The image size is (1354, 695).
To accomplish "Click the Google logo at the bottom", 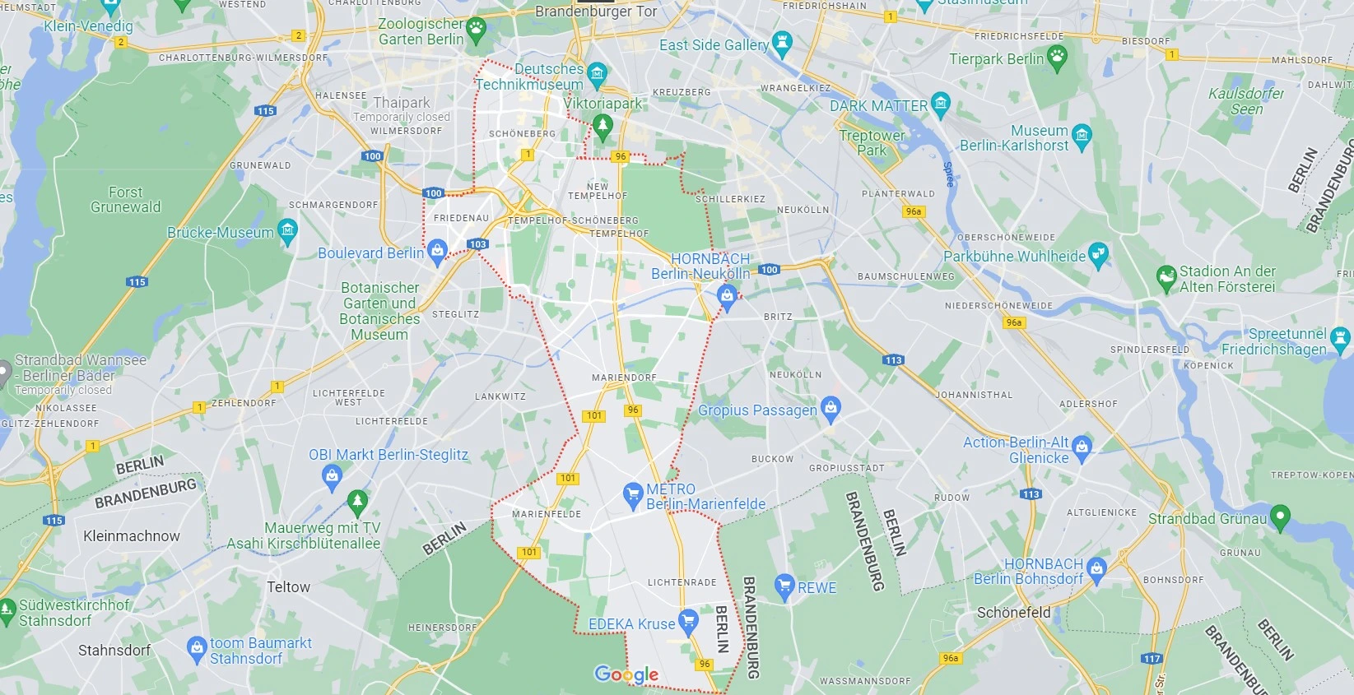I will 626,675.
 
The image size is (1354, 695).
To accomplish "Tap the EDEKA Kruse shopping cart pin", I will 688,619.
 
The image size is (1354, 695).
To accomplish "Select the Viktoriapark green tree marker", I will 603,125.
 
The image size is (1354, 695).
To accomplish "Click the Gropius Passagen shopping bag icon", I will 831,406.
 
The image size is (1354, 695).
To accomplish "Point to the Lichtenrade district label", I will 682,582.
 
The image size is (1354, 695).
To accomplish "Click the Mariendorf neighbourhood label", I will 624,378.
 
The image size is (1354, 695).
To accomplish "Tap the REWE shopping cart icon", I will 784,586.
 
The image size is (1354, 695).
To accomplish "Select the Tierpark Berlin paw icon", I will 1057,56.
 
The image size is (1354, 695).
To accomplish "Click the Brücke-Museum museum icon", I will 287,229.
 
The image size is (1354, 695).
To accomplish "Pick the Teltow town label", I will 288,587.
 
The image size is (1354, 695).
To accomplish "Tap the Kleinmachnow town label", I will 132,536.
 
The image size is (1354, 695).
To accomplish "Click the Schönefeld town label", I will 1013,613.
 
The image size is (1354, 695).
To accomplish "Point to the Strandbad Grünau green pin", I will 1279,516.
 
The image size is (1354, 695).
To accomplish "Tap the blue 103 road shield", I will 477,244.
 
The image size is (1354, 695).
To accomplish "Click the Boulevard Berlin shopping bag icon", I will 438,249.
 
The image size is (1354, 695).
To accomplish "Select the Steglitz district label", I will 455,314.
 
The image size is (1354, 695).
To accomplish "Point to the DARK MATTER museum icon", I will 941,104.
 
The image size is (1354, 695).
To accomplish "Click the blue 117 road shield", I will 1152,659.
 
